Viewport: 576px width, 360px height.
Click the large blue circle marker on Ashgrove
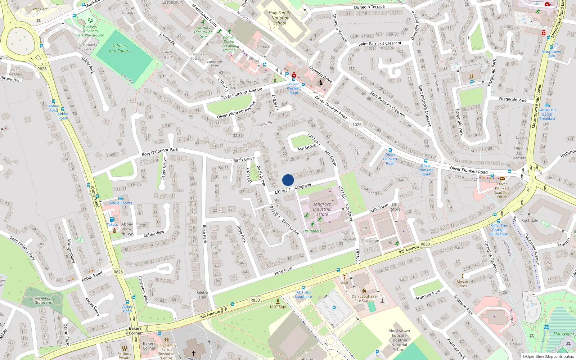click(x=288, y=180)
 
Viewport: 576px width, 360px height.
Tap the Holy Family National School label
click(x=280, y=18)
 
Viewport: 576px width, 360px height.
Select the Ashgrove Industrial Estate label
click(x=322, y=209)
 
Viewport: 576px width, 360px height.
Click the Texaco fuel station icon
click(x=112, y=219)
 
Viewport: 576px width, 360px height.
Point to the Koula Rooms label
click(x=121, y=203)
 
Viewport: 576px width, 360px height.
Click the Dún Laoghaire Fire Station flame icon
click(x=364, y=291)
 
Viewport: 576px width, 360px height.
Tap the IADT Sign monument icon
click(x=278, y=301)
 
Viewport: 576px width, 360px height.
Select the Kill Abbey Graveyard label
click(x=43, y=300)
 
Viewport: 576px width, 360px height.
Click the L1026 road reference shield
click(x=356, y=125)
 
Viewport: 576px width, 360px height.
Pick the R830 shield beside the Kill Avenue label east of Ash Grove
click(x=425, y=244)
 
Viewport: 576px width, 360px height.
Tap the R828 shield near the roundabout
click(x=42, y=69)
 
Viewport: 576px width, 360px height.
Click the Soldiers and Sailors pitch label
click(x=120, y=48)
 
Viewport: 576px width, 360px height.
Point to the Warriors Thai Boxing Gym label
click(x=203, y=32)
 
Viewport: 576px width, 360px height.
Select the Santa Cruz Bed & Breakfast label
click(x=547, y=114)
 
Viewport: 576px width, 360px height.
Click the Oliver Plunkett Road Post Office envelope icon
click(x=502, y=178)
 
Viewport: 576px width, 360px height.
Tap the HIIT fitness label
click(x=312, y=231)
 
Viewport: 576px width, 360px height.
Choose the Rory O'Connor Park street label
click(x=160, y=152)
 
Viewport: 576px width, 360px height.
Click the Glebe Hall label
click(x=202, y=294)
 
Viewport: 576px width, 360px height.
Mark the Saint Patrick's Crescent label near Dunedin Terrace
click(x=380, y=44)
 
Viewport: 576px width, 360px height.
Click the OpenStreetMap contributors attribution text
click(x=548, y=356)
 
